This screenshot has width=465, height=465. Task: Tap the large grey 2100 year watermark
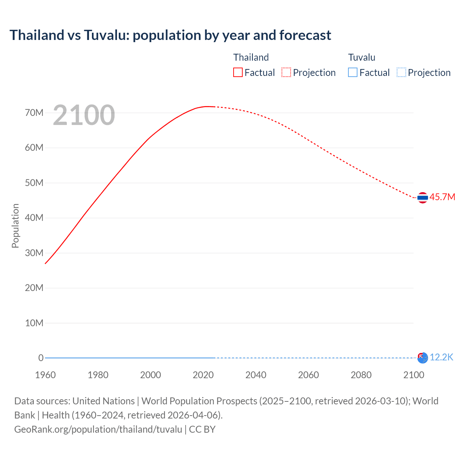pos(84,115)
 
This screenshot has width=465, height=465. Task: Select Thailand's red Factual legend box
pos(238,73)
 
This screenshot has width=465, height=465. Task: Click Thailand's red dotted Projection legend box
pos(286,73)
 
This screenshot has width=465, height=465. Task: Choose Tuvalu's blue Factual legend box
pos(352,73)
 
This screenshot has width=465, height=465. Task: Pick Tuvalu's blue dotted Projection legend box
pos(401,73)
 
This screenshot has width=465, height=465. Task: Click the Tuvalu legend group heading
pos(361,57)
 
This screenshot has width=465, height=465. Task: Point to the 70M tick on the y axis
pos(34,113)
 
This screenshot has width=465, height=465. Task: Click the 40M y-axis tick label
pos(34,218)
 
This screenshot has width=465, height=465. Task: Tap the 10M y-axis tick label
pos(34,323)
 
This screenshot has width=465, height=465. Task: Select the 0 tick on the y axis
pos(41,358)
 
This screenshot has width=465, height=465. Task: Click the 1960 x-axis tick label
pos(45,375)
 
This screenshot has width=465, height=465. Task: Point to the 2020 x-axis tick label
pos(203,375)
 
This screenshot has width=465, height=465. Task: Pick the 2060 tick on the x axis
pos(308,375)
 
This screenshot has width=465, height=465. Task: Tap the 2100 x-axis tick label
pos(414,375)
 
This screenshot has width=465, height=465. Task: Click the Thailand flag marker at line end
pos(422,198)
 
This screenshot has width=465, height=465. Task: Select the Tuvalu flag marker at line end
pos(422,358)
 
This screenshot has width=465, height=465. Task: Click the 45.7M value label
pos(442,197)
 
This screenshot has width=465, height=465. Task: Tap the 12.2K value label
pos(441,357)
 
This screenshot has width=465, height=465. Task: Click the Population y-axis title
pos(15,226)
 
